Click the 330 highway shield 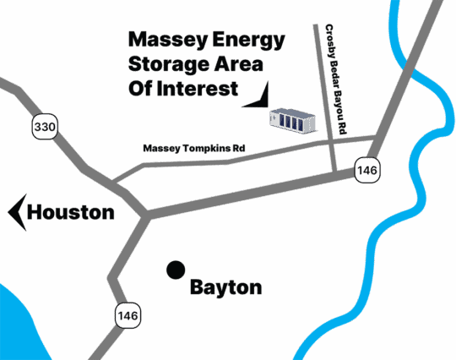[45, 126]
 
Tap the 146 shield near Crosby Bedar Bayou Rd [367, 170]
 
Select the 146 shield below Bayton [128, 315]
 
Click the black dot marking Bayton [176, 270]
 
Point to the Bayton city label [226, 288]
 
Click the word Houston [71, 212]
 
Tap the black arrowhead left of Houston [18, 212]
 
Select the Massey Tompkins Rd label [194, 149]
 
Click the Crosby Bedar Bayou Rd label [336, 79]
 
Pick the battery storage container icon [293, 122]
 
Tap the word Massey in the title [168, 40]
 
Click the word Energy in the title [248, 40]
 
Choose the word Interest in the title [198, 89]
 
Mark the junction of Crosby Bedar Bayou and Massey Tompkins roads [331, 141]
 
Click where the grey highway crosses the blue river [407, 68]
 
